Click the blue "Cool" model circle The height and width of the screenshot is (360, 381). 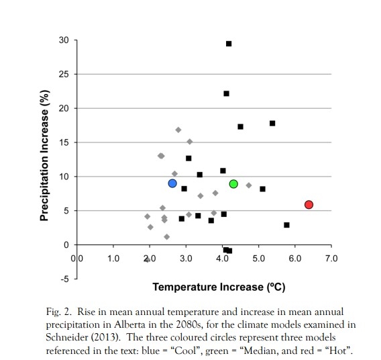click(x=172, y=183)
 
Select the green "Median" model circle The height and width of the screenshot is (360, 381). click(x=233, y=184)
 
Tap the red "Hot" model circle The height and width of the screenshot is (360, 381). click(x=309, y=205)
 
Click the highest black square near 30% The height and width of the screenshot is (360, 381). click(x=229, y=44)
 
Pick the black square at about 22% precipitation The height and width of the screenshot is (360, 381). click(x=226, y=93)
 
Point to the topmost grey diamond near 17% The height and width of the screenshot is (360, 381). click(x=178, y=130)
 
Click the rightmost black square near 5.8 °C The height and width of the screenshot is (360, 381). click(x=286, y=225)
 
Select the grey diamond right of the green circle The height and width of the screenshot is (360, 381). click(x=249, y=185)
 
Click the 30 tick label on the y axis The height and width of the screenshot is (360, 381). click(x=64, y=40)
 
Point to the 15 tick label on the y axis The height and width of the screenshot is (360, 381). click(x=64, y=142)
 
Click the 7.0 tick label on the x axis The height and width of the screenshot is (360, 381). click(x=331, y=259)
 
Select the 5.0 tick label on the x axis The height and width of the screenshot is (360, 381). click(x=258, y=259)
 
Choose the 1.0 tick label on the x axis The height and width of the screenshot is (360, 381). click(x=113, y=259)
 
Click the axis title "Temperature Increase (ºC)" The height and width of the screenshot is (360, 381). click(x=219, y=287)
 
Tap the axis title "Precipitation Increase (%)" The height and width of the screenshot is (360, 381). click(x=44, y=159)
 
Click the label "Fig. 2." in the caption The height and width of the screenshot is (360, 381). click(x=59, y=312)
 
